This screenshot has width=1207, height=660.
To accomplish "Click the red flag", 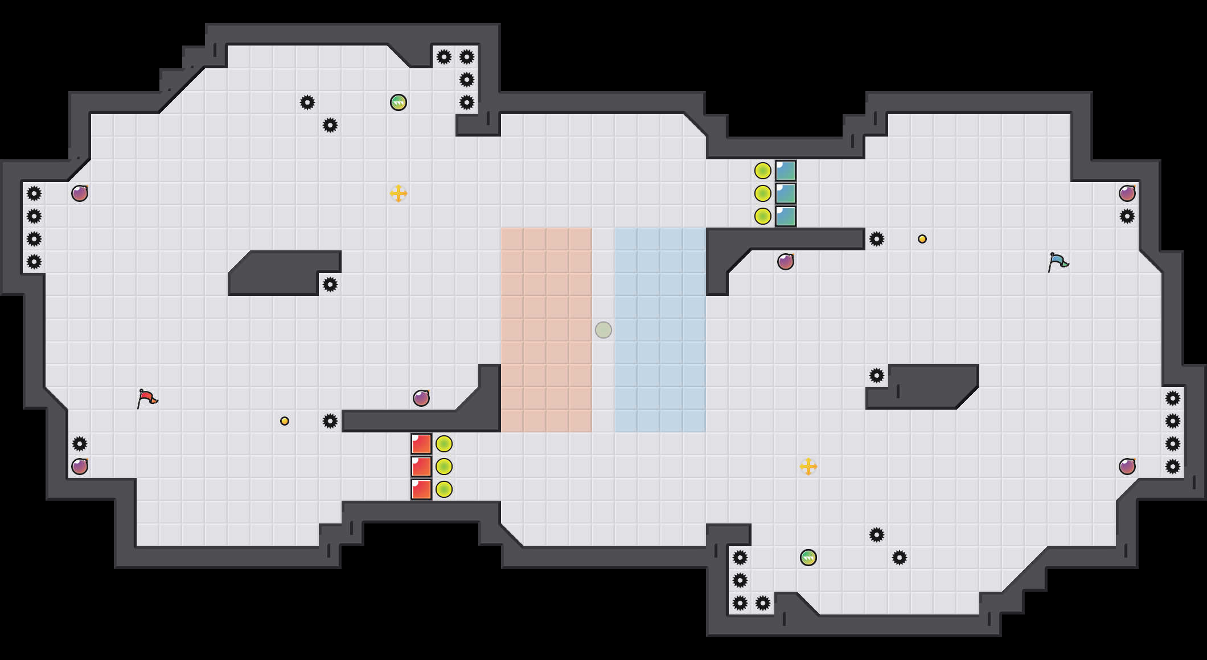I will (x=147, y=398).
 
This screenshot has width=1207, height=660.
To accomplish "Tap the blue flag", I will (x=1058, y=262).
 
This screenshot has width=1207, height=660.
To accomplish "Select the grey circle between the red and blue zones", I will (x=603, y=330).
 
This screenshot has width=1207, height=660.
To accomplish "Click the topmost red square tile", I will (x=421, y=444).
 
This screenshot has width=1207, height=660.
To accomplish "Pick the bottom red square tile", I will (x=421, y=489).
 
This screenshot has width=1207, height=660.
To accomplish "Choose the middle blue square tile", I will (x=786, y=193).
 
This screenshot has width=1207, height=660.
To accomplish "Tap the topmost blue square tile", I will (x=786, y=171).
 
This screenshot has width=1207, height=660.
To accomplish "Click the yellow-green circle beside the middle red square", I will (x=444, y=467).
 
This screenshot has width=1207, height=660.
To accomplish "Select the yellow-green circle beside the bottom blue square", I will (x=763, y=216).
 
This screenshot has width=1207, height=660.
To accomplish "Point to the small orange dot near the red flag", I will (x=285, y=421).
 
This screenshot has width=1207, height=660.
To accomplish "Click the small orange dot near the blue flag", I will (x=922, y=239).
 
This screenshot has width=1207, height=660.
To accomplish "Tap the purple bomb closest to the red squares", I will (x=421, y=398).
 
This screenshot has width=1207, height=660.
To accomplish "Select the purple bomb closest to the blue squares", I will (x=786, y=262).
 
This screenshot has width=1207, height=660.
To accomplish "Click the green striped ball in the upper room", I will (x=399, y=102).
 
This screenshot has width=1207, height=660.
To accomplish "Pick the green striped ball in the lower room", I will (x=808, y=558).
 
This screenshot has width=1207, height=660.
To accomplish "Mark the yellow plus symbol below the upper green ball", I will (x=399, y=193).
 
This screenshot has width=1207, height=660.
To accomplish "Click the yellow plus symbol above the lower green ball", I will (x=808, y=467).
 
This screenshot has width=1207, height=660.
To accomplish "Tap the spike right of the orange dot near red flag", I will (x=330, y=421).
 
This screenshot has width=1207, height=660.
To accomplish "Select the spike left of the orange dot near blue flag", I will (x=877, y=239).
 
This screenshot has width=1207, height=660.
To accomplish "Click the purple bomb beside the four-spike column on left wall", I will (x=80, y=193).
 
